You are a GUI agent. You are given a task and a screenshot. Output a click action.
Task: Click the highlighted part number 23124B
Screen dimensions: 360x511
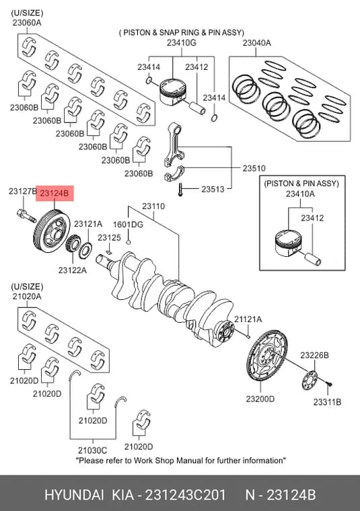[x=55, y=194]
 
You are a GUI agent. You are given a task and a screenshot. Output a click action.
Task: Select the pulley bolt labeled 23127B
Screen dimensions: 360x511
[x=26, y=215]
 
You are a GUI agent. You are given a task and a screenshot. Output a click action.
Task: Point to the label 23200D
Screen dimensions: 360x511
[x=260, y=399]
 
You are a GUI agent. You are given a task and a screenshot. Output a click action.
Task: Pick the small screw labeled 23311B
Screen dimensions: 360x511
[x=329, y=385]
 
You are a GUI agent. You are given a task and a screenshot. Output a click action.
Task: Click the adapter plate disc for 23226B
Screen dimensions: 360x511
[x=310, y=381]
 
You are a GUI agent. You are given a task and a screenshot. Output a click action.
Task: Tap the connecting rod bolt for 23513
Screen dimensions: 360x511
[x=180, y=190]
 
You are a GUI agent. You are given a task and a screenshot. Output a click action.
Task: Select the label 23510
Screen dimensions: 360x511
[x=254, y=169]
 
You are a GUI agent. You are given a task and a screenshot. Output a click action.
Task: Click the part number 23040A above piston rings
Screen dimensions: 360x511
[x=256, y=42]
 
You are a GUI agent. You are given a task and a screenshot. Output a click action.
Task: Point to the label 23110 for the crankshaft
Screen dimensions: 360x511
[x=153, y=206]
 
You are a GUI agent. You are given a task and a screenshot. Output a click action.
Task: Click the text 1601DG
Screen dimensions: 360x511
[x=128, y=225]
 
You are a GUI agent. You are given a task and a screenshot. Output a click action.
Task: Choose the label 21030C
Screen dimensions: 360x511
[x=92, y=450]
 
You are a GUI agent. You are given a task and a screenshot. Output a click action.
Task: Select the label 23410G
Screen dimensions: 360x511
[x=182, y=42]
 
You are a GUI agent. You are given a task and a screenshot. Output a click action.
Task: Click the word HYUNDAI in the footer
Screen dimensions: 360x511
[x=74, y=495]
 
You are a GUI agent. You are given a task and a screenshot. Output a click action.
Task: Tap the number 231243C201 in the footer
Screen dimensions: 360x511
[x=185, y=495]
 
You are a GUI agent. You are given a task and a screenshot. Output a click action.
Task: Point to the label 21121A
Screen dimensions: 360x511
[x=248, y=319]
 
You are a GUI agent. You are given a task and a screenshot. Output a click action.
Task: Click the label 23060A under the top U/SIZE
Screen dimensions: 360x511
[x=27, y=23]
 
